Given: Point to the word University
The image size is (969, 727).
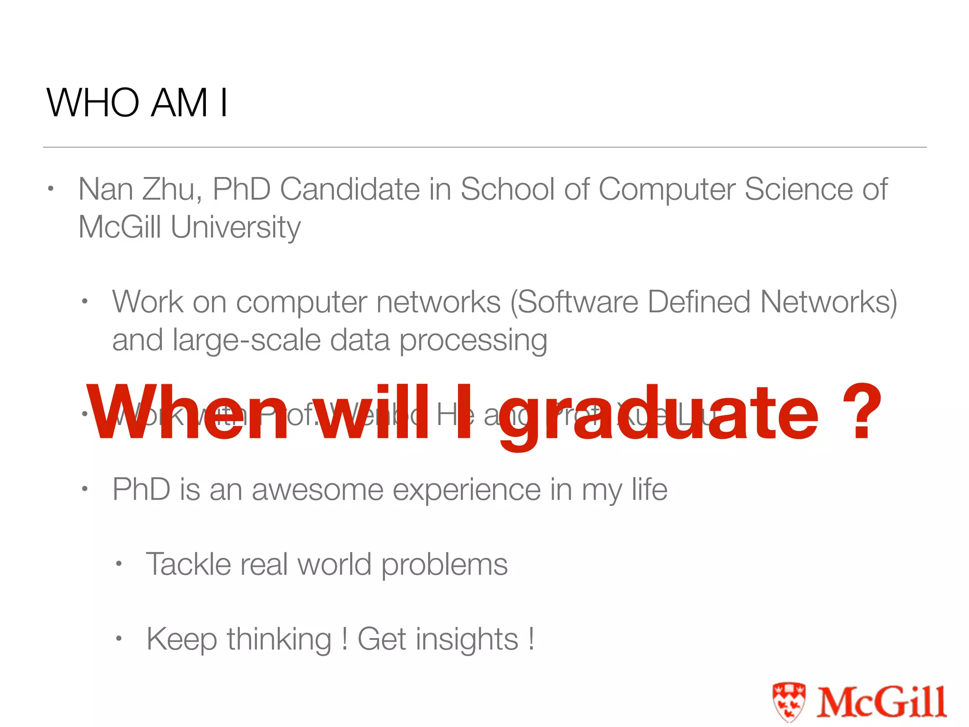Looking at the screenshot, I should [235, 228].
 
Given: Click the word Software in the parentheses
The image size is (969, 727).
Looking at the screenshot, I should [578, 302].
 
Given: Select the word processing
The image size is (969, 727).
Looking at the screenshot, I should [473, 341].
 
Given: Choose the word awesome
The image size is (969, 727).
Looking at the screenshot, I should [317, 489].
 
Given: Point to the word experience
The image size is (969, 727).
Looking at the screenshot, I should [467, 490].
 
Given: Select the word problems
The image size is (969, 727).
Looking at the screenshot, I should [444, 565].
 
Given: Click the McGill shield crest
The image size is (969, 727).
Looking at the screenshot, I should [788, 701].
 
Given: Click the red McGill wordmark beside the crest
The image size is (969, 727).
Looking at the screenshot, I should [881, 701].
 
